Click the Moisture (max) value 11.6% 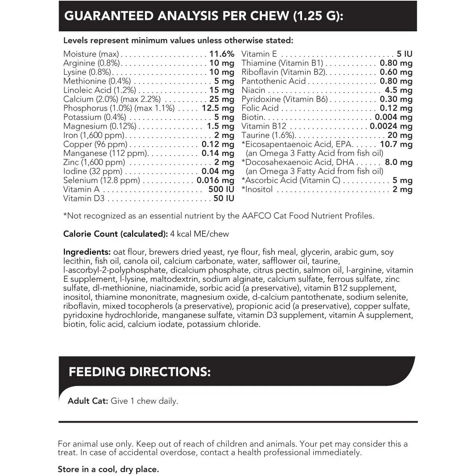pyautogui.click(x=222, y=54)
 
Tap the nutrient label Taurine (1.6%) pyautogui.click(x=268, y=135)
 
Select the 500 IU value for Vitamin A pyautogui.click(x=221, y=189)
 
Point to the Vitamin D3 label pyautogui.click(x=84, y=198)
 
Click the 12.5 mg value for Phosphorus pyautogui.click(x=218, y=108)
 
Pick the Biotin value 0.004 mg pyautogui.click(x=393, y=117)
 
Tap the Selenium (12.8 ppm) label pyautogui.click(x=101, y=180)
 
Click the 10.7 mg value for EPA pyautogui.click(x=396, y=144)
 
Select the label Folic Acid pyautogui.click(x=260, y=108)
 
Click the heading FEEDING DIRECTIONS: pyautogui.click(x=139, y=371)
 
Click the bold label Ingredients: pyautogui.click(x=87, y=252)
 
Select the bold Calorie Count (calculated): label pyautogui.click(x=115, y=234)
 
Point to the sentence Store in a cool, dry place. pyautogui.click(x=108, y=469)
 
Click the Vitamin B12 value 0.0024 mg pyautogui.click(x=391, y=126)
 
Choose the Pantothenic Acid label pyautogui.click(x=274, y=81)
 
